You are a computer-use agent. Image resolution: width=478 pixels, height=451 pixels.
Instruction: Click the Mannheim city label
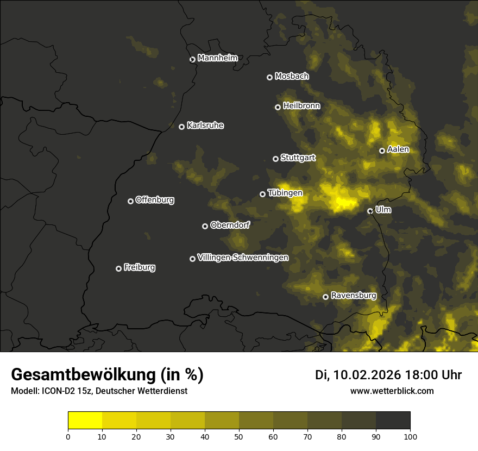tap(217, 58)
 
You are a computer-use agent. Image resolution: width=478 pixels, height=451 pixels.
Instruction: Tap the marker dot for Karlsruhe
tap(181, 127)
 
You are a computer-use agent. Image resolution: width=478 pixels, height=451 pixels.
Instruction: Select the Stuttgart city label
tap(298, 158)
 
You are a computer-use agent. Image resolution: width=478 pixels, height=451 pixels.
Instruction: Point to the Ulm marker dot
tap(370, 211)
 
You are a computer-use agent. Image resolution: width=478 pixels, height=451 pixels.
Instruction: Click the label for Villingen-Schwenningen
tap(243, 258)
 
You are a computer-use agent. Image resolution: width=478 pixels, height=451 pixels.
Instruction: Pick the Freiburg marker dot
tap(118, 268)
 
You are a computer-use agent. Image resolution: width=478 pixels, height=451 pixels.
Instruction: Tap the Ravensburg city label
tap(353, 296)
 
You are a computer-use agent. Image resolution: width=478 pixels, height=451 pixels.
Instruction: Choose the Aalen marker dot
tap(382, 151)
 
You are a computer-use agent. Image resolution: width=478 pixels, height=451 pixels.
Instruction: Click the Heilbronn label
tap(301, 106)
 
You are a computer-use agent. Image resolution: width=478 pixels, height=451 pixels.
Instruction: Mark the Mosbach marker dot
tap(269, 77)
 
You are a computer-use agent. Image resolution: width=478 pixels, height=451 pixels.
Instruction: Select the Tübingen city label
tap(285, 193)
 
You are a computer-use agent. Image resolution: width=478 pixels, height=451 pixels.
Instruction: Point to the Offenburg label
tap(155, 200)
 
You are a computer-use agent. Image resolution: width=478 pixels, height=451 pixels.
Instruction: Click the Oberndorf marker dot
tap(205, 226)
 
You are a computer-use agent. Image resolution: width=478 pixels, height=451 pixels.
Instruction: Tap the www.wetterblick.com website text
tap(392, 391)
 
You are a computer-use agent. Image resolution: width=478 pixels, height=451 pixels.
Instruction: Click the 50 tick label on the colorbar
tap(239, 436)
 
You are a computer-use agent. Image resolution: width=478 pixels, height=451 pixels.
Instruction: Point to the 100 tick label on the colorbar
tap(410, 436)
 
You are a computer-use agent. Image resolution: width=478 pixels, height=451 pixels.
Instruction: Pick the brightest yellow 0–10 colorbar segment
tap(85, 421)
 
